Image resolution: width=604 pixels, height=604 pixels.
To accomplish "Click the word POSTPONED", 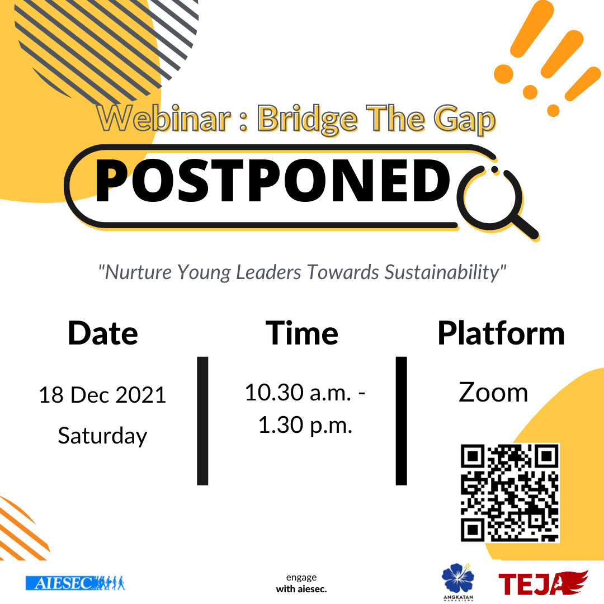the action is point(272,181).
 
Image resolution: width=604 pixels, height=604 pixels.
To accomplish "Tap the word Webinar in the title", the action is point(164,118).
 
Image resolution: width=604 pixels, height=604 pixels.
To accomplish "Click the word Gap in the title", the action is point(465,120).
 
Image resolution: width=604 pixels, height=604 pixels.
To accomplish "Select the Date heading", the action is point(103,333).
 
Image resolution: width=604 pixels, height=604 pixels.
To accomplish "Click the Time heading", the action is point(302,333).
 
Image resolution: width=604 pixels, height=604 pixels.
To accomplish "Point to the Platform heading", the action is point(501,333).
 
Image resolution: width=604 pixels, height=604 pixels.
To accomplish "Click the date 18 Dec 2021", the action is point(102,395).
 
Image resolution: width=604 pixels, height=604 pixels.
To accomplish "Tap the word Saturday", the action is point(102,436).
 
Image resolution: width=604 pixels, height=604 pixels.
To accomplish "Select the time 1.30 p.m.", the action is point(305,425).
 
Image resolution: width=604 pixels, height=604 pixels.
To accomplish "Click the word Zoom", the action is point(493,393).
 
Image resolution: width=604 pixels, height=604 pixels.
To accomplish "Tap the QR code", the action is point(509,493).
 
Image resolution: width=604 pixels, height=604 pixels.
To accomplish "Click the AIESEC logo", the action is point(75,583).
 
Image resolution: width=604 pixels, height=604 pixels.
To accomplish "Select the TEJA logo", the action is point(543,583).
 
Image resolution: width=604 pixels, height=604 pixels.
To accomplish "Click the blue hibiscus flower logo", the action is point(457,578).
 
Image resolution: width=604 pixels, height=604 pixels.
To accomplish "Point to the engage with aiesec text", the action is point(301,583).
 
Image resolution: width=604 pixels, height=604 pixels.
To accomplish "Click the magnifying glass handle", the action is point(524,227).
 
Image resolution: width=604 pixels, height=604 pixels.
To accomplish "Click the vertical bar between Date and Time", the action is point(202,421).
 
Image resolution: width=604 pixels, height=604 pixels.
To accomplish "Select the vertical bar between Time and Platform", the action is point(402,421).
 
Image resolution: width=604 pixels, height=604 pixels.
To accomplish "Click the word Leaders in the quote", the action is point(268,272).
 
